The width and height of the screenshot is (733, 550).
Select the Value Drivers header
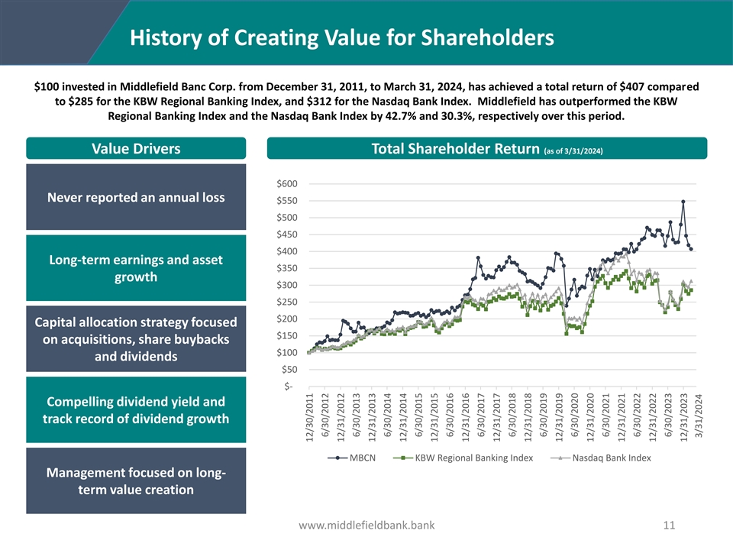coord(136,149)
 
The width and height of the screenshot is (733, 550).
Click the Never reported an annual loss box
coord(136,197)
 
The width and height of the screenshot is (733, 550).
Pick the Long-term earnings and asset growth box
coord(136,268)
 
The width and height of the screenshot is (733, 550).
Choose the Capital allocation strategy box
coord(136,339)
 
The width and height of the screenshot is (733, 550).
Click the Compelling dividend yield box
coord(136,410)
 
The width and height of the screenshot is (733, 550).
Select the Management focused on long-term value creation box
coord(136,481)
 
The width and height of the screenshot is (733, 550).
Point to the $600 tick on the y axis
coord(287,184)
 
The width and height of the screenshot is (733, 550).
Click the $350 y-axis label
coord(287,268)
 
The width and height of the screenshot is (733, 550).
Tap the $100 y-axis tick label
coord(287,352)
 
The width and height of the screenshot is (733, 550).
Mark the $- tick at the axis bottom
coord(289,386)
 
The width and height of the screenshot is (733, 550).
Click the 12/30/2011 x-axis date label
coord(309,417)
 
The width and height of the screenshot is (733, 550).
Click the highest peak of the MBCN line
coord(683,202)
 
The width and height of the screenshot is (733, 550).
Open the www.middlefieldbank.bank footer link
coord(366,526)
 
